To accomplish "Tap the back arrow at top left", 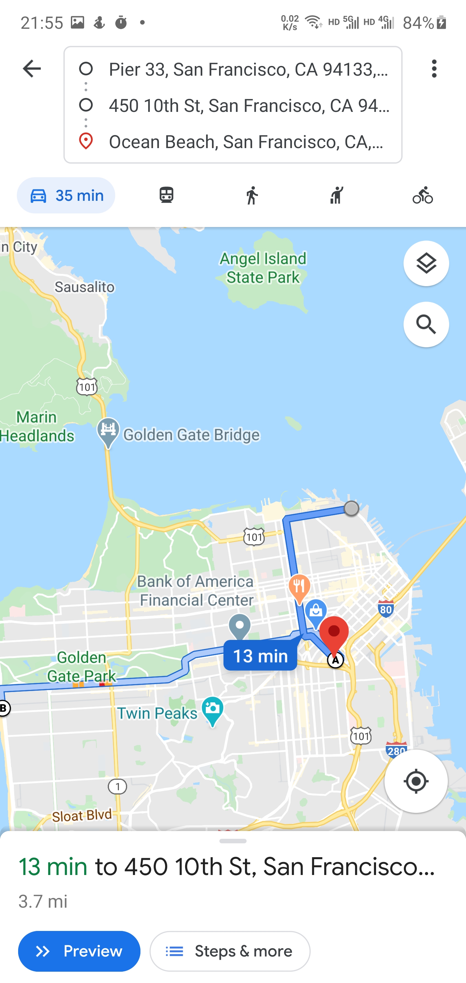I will (32, 69).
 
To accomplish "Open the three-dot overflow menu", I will (434, 69).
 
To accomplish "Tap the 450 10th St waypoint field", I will (248, 106).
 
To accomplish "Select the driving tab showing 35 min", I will (66, 195).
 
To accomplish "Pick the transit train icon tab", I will (167, 195).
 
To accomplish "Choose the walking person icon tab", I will (252, 195).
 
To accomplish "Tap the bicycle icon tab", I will (422, 195).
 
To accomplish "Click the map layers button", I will (426, 263).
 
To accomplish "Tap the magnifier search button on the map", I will (426, 324).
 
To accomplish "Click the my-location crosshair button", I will (416, 781).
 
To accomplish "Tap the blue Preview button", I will (79, 951).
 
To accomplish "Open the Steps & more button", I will (230, 951).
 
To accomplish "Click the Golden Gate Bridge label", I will (191, 435).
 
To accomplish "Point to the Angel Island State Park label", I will (263, 268).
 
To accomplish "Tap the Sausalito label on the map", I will (84, 287).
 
